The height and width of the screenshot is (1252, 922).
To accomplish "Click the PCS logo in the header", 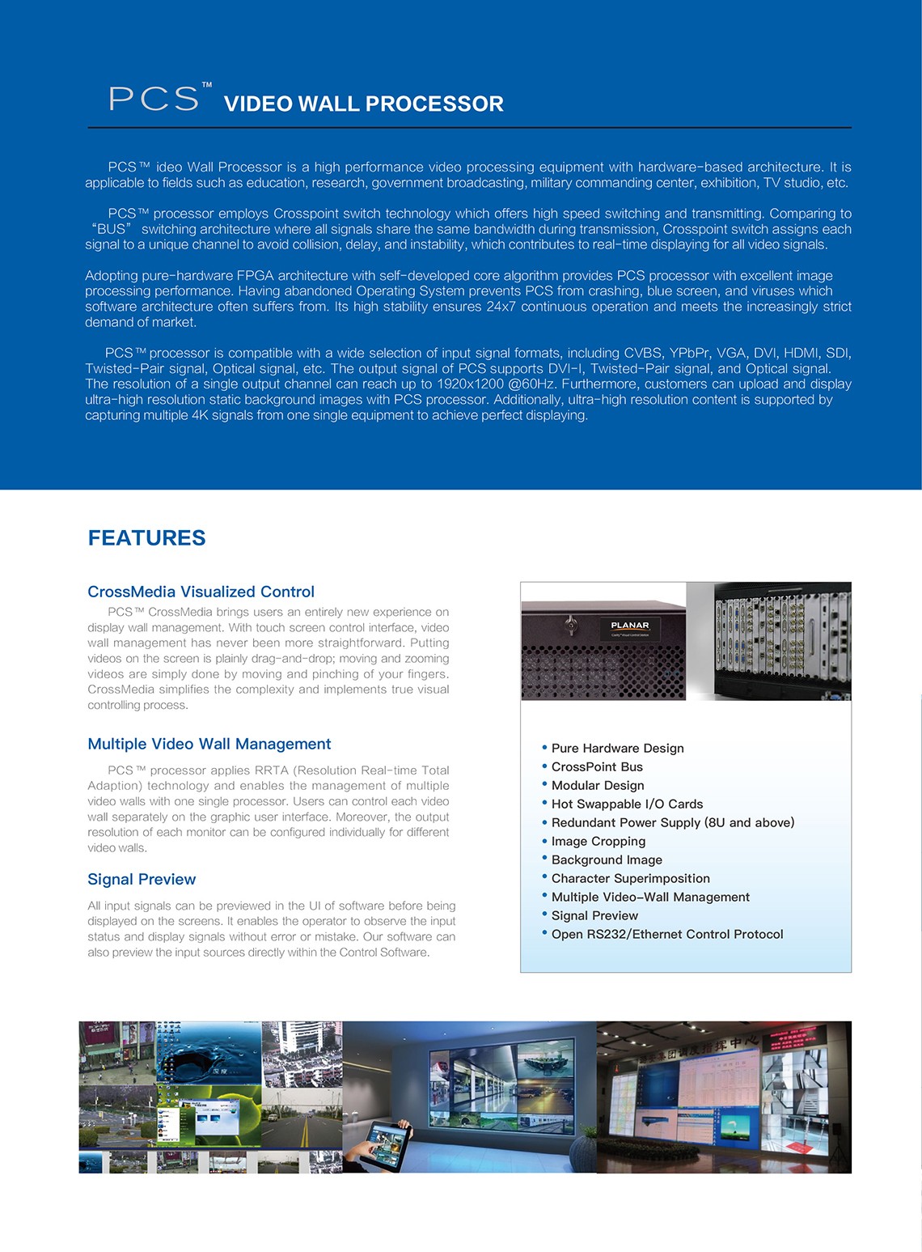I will (x=154, y=98).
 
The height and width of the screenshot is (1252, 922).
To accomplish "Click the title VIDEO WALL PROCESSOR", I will (x=363, y=104).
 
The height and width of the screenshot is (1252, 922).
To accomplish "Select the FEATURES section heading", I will (x=146, y=538).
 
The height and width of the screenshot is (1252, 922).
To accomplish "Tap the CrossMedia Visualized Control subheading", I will (x=201, y=592).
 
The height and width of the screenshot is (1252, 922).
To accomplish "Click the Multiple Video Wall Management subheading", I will (x=209, y=744).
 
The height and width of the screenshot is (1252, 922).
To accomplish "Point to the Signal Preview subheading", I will (x=142, y=879).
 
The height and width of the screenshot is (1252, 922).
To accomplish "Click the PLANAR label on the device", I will (x=630, y=626).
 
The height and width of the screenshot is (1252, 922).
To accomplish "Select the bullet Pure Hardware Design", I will (x=617, y=748).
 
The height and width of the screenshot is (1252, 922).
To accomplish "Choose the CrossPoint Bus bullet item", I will (x=597, y=766).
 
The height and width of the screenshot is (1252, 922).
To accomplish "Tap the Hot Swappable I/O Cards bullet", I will (x=627, y=804).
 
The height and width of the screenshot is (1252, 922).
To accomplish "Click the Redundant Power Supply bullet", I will (x=672, y=822).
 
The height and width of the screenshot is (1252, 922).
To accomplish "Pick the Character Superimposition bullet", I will (x=630, y=878).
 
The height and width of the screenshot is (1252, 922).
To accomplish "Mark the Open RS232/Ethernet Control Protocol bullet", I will (x=666, y=934).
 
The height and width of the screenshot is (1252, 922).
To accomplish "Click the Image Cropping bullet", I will (x=598, y=841).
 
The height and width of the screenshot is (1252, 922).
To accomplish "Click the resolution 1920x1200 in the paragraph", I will (x=470, y=384).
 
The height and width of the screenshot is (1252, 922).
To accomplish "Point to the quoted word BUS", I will (x=112, y=229).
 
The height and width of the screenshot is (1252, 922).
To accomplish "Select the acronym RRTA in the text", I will (x=271, y=770).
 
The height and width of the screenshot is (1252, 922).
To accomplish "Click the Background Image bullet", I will (x=607, y=859).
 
